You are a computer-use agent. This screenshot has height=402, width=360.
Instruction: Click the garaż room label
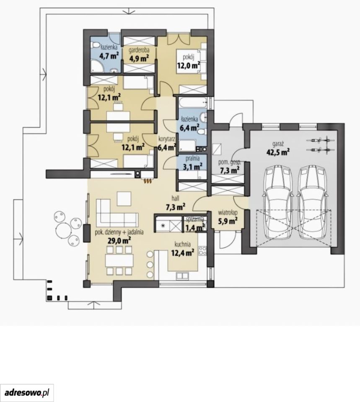tap(278, 144)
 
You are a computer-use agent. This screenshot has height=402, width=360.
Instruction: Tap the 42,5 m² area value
tap(278, 152)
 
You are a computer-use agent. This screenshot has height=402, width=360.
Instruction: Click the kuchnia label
tap(182, 244)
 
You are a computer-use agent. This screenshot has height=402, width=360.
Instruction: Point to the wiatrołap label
tap(228, 213)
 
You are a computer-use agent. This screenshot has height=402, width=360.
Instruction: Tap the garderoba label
tap(139, 50)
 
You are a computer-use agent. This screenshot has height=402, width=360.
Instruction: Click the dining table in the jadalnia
tap(119, 260)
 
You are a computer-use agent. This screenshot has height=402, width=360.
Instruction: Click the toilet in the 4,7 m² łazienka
tap(95, 46)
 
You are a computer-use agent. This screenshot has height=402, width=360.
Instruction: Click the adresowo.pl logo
tap(27, 392)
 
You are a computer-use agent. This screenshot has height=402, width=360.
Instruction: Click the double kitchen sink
tap(182, 276)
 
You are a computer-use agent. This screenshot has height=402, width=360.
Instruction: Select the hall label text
tap(176, 198)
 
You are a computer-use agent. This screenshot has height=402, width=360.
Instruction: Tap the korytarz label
tap(167, 139)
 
